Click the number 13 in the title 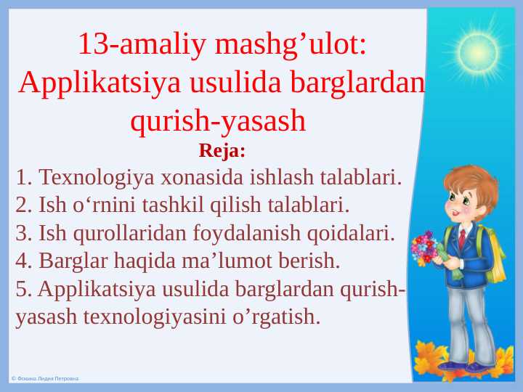click(92, 45)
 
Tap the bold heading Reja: click(222, 152)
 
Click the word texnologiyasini click(163, 317)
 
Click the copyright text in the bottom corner click(44, 379)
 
